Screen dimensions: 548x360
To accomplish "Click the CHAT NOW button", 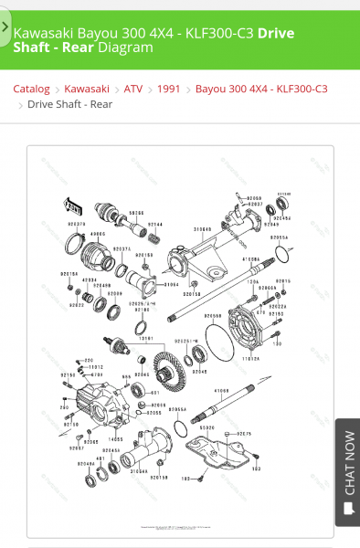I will pyautogui.click(x=347, y=472).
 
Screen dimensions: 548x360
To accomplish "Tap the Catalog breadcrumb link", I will pyautogui.click(x=31, y=89).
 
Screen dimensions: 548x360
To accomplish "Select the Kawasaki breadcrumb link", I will pyautogui.click(x=87, y=89).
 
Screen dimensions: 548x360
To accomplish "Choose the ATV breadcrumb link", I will pyautogui.click(x=133, y=89).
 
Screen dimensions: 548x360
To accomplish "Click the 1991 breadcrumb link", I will pyautogui.click(x=169, y=89).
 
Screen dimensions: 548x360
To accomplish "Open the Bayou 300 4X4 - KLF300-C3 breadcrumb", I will pyautogui.click(x=261, y=89).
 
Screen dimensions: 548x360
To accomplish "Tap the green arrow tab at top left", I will pyautogui.click(x=5, y=27).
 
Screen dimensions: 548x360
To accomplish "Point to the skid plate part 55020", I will pyautogui.click(x=219, y=452).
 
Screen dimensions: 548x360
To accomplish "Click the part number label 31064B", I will pyautogui.click(x=202, y=229).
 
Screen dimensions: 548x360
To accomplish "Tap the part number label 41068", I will pyautogui.click(x=221, y=391).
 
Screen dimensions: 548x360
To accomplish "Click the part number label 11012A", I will pyautogui.click(x=251, y=359).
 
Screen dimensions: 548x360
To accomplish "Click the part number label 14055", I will pyautogui.click(x=116, y=439).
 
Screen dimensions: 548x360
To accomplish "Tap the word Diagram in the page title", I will pyautogui.click(x=126, y=47).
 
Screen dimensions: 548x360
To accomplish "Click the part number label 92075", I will pyautogui.click(x=244, y=433).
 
